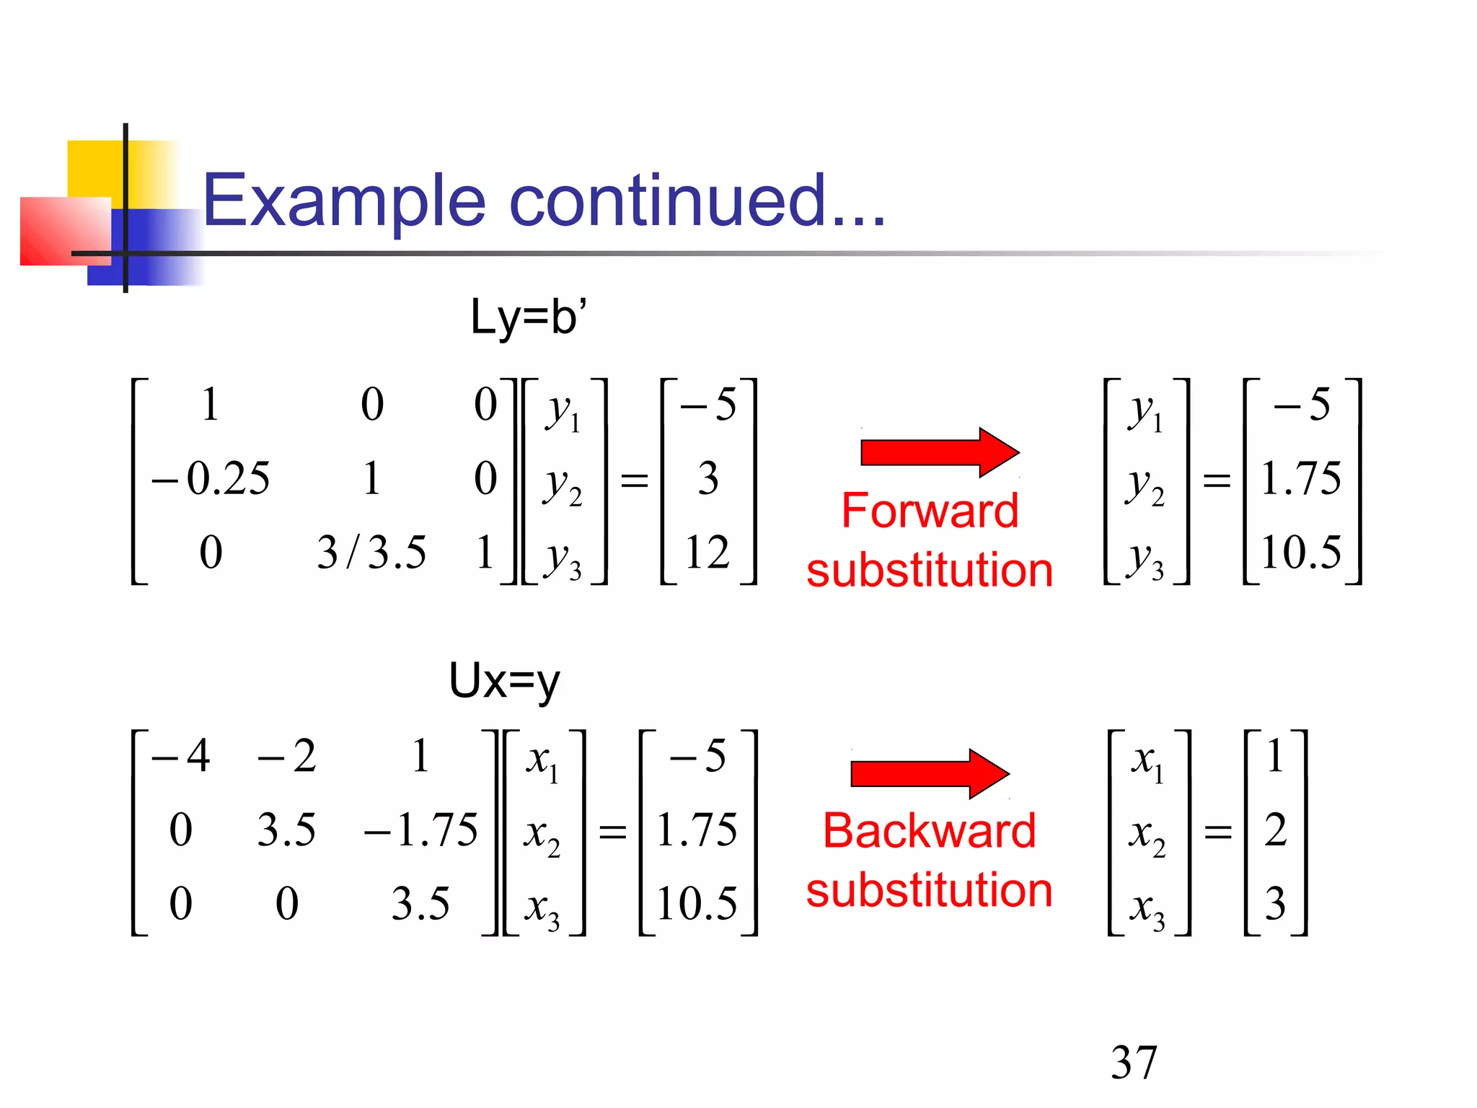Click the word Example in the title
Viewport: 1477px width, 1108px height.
coord(344,201)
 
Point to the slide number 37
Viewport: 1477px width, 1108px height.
coord(1134,1062)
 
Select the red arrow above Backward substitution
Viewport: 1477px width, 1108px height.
coord(929,774)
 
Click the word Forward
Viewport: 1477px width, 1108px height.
coord(930,511)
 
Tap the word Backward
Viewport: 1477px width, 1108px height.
coord(929,830)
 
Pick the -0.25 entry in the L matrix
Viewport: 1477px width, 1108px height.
coord(211,478)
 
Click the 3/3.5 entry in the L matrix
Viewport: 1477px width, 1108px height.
coord(371,553)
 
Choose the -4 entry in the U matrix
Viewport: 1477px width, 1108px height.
coord(181,756)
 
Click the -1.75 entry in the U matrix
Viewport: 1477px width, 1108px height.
coord(421,830)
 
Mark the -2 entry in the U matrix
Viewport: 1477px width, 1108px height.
coord(287,756)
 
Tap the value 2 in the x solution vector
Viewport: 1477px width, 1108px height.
coord(1275,830)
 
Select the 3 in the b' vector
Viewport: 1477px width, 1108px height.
coord(707,478)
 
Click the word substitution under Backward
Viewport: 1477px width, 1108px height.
coord(929,890)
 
